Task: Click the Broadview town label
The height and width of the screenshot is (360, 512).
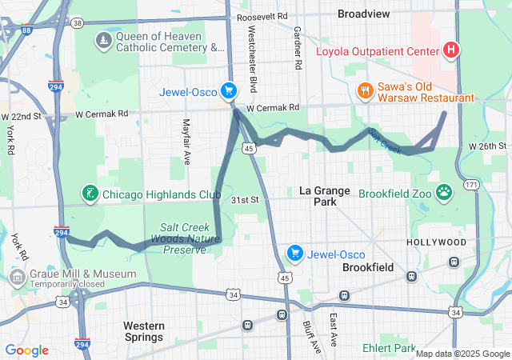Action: point(365,14)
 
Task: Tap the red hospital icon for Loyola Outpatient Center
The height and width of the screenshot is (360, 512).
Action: point(451,51)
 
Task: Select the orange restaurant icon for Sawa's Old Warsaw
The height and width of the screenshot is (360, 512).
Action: point(364,90)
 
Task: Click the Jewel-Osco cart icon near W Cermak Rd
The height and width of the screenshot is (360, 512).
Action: point(229,91)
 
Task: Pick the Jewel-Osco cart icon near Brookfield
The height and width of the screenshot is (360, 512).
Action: point(295,254)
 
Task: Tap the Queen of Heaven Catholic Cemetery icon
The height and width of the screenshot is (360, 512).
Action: point(103,41)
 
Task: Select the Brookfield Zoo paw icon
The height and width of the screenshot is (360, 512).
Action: point(444,193)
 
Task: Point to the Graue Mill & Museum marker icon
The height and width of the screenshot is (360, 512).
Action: point(17,278)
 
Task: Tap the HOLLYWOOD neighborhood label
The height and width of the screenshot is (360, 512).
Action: point(436,242)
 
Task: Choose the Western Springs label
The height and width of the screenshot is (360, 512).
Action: point(144,331)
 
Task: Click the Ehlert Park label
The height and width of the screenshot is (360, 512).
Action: point(388,348)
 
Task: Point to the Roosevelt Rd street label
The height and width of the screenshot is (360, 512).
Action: point(266,15)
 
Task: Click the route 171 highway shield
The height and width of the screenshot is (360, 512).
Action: point(474,185)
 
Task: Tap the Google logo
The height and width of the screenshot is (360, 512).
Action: point(26,350)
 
